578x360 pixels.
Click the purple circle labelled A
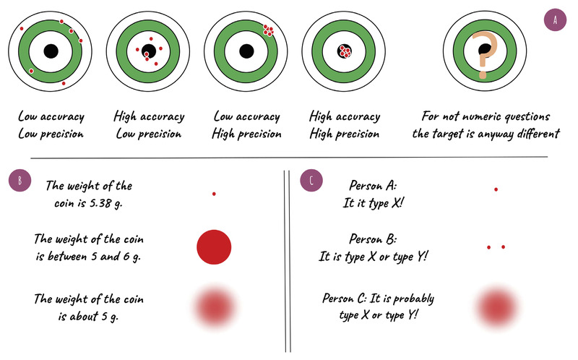tap(555, 20)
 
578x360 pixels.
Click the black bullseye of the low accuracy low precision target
tap(51, 52)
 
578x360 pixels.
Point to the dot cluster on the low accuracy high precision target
tap(268, 30)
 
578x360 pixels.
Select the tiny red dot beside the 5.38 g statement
tap(214, 194)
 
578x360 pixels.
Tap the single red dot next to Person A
tap(496, 189)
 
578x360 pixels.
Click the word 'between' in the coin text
tap(91, 255)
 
